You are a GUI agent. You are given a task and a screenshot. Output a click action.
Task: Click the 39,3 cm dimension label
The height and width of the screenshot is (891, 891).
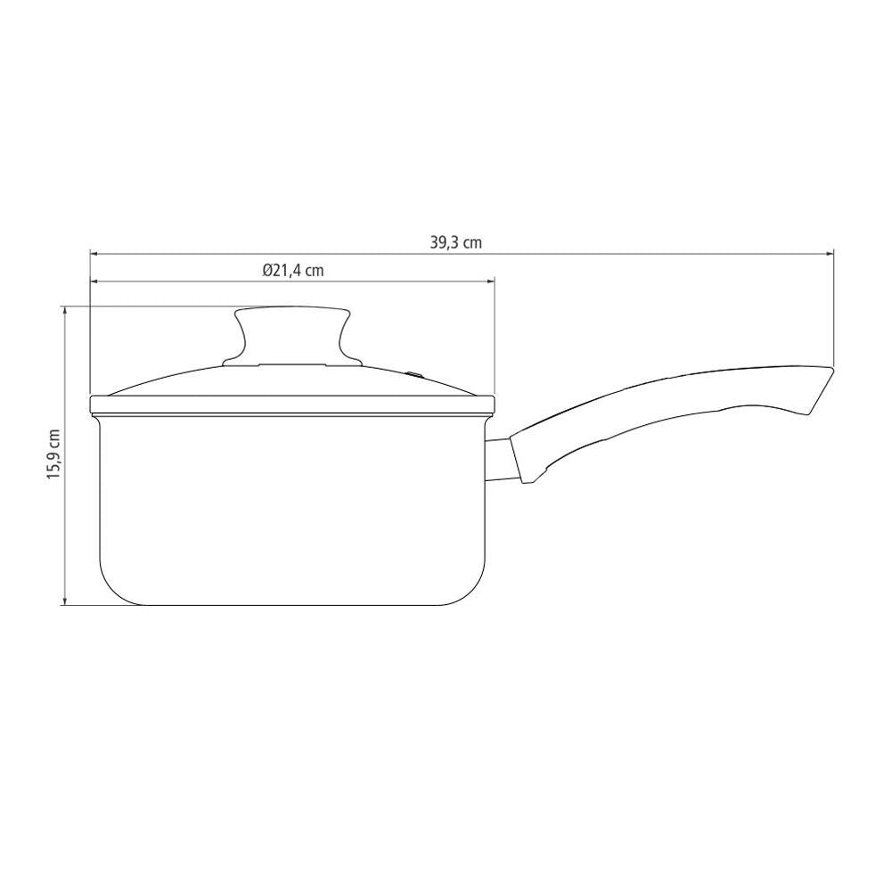455,242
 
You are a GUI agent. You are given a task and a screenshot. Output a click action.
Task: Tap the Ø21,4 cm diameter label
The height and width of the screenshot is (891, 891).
293,271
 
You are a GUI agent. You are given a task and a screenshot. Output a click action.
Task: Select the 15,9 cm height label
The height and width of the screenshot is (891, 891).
54,454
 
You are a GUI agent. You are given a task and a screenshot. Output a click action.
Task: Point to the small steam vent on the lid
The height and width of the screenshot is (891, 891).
415,374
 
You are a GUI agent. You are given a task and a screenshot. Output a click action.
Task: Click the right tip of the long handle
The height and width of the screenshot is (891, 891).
833,370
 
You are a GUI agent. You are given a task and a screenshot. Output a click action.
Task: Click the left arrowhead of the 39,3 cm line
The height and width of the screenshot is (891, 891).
94,253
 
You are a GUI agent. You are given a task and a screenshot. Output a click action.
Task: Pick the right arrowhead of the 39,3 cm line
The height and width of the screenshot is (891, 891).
829,253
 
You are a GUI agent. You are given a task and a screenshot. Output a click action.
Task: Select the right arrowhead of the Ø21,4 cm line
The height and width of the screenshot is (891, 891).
491,281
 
